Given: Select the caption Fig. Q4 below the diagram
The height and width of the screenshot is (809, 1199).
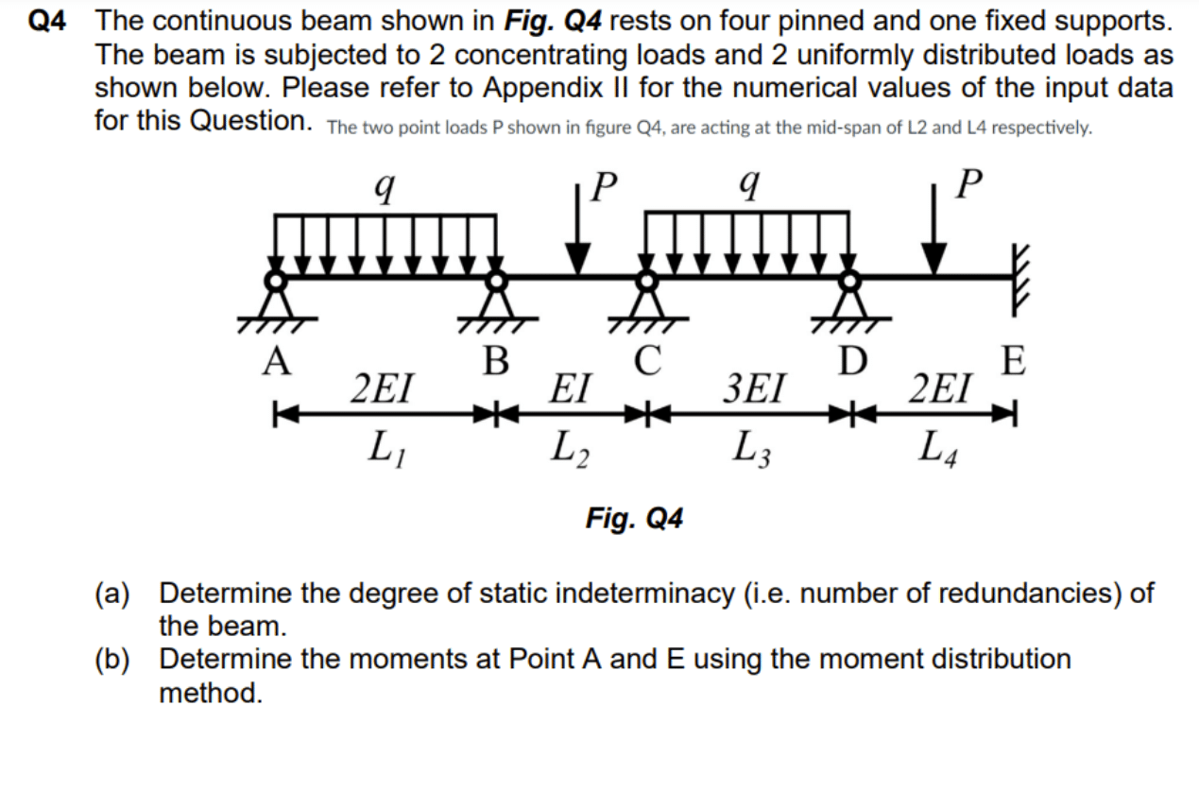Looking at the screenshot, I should coord(634,518).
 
